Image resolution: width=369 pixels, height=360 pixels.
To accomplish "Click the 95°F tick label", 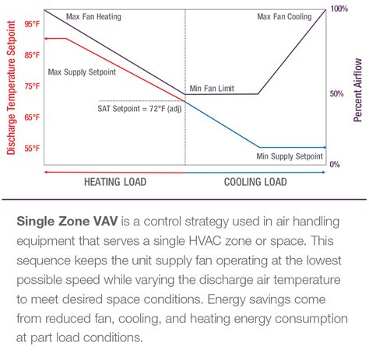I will point(31,24).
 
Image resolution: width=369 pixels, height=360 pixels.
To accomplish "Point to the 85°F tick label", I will point(31,55).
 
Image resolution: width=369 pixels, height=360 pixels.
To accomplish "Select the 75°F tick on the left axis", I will point(31,86).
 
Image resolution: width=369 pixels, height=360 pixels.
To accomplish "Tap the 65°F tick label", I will point(31,117).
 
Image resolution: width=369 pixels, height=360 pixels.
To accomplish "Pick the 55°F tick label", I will point(31,148).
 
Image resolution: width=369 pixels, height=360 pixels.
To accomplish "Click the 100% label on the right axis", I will point(339,9).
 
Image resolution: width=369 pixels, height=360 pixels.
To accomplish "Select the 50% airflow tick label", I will point(336,94).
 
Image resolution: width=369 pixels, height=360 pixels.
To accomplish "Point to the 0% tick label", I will point(335,165).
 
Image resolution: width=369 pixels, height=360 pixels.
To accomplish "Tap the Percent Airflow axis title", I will point(358,89).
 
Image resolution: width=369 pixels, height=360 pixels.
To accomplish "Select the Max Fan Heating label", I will point(93,16).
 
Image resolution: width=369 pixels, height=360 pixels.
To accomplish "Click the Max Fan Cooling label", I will point(284,16).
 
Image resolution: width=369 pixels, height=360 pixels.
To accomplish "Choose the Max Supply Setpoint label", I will point(82,72).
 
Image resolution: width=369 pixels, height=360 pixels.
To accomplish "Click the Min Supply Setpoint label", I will point(290,156).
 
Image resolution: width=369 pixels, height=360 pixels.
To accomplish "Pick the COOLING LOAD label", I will point(255,183).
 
